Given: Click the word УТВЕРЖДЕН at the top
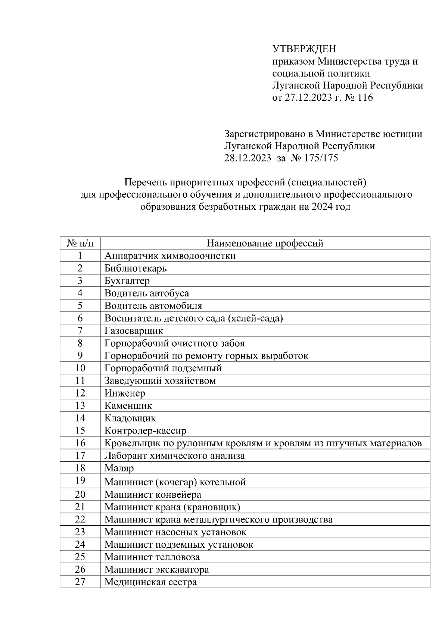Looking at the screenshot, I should (304, 49).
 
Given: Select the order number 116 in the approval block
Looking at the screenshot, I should (365, 98).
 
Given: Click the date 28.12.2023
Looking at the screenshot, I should (248, 158).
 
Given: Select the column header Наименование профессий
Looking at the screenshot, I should (265, 244).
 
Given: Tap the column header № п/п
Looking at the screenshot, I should (80, 244).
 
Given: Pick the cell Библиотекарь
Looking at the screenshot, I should (136, 268).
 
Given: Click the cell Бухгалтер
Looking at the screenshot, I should (127, 281).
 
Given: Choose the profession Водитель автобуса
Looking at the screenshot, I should (147, 293).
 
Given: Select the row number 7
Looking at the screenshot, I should (80, 331).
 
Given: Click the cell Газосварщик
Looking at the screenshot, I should (134, 331).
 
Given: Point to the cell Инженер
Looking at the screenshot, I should (125, 393).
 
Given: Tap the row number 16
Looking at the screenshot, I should (80, 443).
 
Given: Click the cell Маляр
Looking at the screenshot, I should (119, 468).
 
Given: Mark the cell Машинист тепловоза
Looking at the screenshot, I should (152, 557).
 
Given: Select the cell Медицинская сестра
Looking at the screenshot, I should (150, 582).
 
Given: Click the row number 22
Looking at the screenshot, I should (80, 519).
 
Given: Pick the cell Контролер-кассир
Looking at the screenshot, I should (145, 431).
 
